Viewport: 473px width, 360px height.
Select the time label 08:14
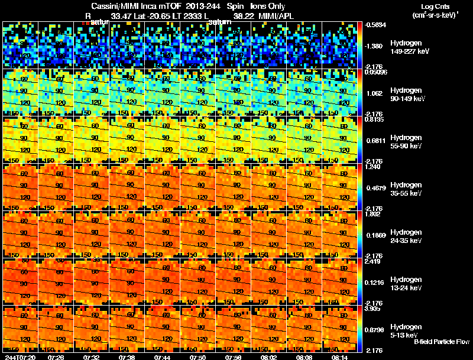[341, 357]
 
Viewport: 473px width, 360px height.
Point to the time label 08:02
[270, 357]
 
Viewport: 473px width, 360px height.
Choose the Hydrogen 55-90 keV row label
[406, 141]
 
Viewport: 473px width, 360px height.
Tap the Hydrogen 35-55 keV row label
[406, 189]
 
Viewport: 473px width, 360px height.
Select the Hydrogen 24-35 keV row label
[406, 236]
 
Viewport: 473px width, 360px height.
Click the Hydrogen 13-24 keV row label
[406, 283]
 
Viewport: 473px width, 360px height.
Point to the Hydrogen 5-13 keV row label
[405, 330]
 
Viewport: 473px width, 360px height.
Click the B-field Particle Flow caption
[441, 342]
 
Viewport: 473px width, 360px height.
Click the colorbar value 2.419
[372, 261]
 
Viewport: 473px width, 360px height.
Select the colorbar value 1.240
[372, 167]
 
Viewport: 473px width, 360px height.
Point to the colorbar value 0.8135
[374, 119]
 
